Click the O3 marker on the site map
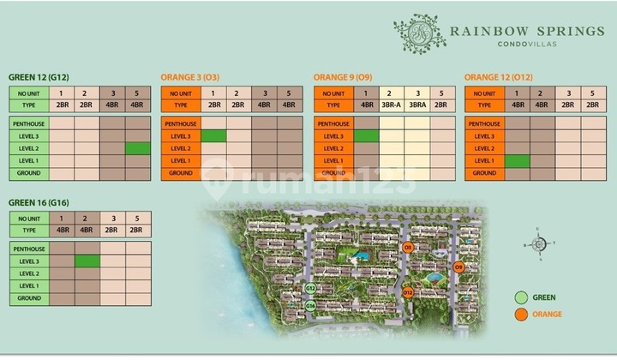[x=409, y=248]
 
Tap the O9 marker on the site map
[x=458, y=267]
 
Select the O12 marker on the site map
[x=408, y=293]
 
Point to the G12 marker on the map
[x=310, y=288]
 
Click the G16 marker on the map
[x=310, y=305]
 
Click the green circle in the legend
[x=519, y=297]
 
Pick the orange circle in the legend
[x=519, y=315]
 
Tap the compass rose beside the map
[x=537, y=243]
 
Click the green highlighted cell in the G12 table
[x=137, y=148]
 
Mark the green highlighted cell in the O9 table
[x=366, y=136]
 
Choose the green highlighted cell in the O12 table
[x=517, y=161]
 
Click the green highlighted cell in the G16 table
[x=87, y=261]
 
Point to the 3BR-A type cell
[x=391, y=105]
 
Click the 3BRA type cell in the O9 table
[x=416, y=105]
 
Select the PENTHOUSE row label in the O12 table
[x=484, y=123]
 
